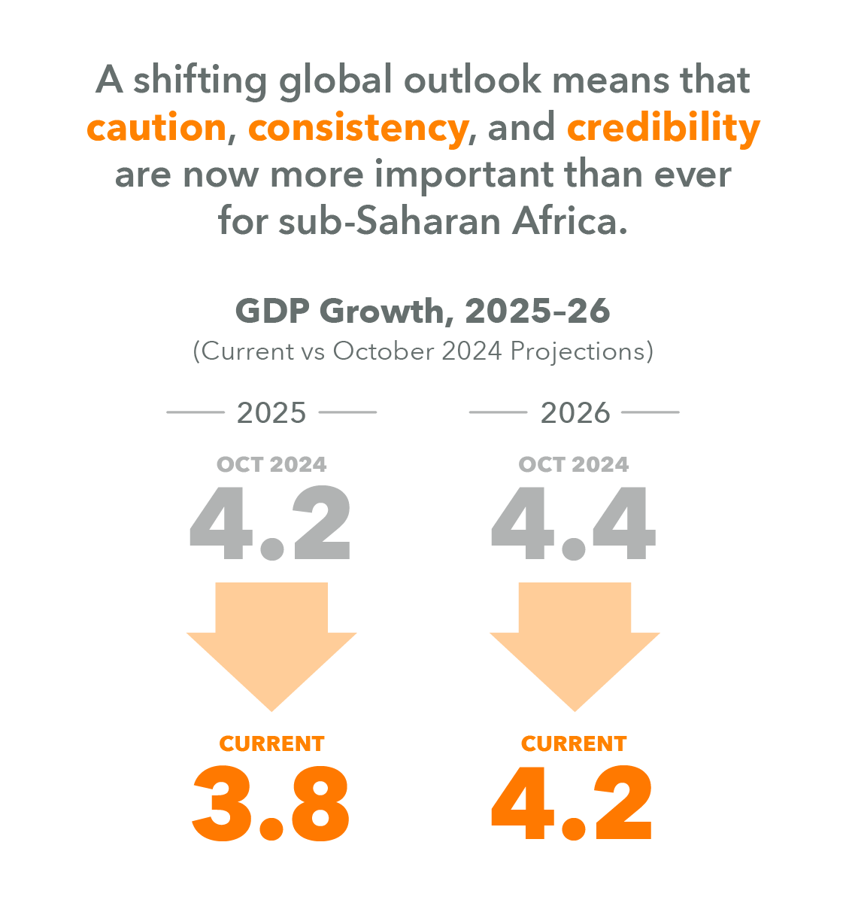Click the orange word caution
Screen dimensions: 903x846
[x=156, y=128]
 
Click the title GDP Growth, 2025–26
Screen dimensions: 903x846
[x=423, y=311]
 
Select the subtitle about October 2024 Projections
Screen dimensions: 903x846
[x=423, y=351]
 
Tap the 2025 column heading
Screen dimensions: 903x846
[x=271, y=413]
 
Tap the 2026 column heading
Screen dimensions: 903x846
[x=575, y=413]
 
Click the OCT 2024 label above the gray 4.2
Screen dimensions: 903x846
[x=271, y=464]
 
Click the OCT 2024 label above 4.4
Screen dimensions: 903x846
[x=574, y=464]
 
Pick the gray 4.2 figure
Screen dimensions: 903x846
[x=270, y=524]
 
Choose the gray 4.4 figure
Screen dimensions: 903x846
[x=574, y=524]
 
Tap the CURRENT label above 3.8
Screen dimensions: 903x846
[x=271, y=743]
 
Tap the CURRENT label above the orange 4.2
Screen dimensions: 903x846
[x=574, y=743]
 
